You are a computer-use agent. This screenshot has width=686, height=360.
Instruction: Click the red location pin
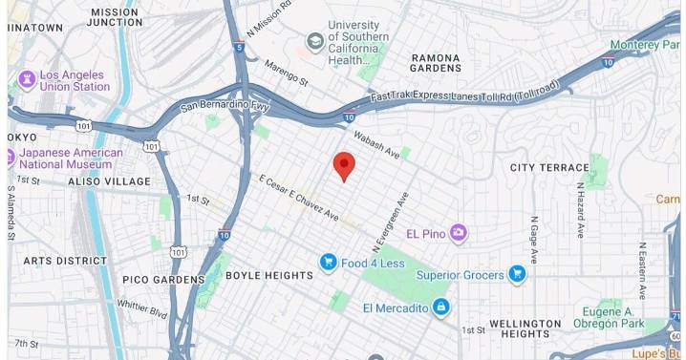344,165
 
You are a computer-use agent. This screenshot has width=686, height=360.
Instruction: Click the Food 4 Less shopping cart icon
329,262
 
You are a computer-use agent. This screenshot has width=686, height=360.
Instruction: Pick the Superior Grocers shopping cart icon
517,274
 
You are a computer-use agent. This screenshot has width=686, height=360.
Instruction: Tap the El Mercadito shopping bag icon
440,307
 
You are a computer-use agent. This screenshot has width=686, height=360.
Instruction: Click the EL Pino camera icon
460,232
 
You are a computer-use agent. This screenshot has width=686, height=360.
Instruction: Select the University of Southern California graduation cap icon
314,41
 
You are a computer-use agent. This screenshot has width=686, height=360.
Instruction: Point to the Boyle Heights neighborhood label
268,276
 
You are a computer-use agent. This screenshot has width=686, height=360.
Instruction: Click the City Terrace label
549,168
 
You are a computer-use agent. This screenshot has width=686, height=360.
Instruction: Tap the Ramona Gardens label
436,63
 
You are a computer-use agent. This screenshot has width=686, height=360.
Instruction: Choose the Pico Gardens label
163,280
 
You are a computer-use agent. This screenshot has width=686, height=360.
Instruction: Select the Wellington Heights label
525,329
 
